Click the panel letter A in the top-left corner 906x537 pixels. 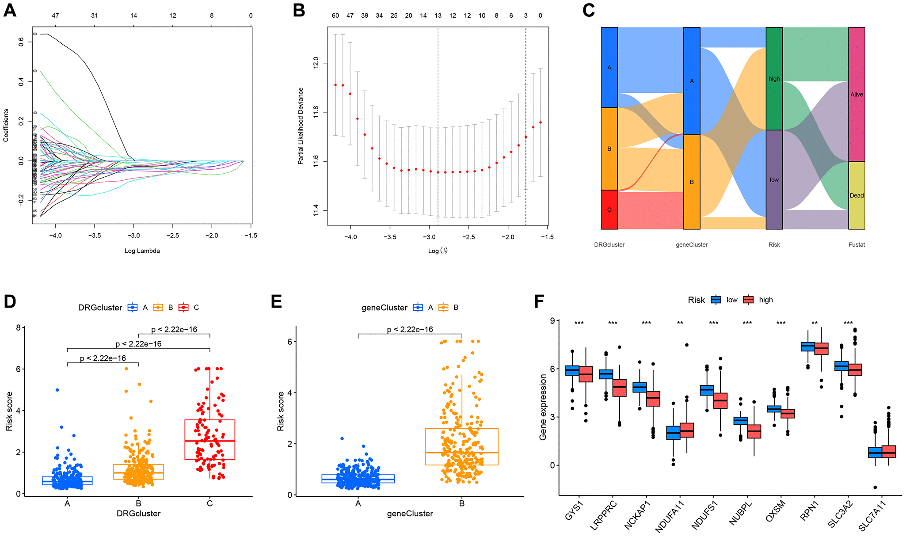click(10, 10)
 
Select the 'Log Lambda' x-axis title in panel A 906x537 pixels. click(142, 251)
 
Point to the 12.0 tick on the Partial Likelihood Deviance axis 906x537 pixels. click(316, 63)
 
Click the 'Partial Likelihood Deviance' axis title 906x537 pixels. click(301, 126)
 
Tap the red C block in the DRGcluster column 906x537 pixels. click(609, 209)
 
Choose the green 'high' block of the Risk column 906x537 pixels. click(774, 79)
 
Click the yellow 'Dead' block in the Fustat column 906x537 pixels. click(857, 195)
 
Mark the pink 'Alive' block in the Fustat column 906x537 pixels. click(857, 94)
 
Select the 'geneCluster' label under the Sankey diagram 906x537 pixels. click(692, 244)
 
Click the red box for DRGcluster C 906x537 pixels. click(210, 440)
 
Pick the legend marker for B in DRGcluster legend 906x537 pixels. click(158, 308)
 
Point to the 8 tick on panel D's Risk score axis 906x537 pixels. click(18, 328)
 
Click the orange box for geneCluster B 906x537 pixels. click(462, 446)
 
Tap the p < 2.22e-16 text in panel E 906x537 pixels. click(410, 329)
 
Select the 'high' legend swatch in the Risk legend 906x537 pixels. click(748, 300)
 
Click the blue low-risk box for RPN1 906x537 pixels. click(808, 347)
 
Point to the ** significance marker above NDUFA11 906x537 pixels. click(680, 323)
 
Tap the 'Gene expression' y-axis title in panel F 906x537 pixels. click(543, 407)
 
